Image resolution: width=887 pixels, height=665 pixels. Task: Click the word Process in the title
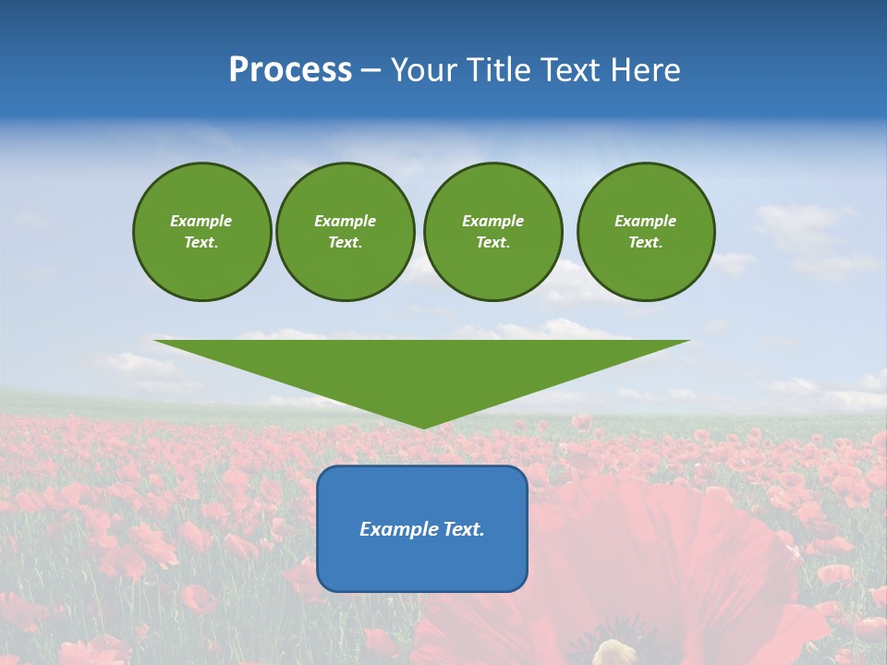tap(290, 70)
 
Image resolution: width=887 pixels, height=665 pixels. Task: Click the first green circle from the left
tap(201, 232)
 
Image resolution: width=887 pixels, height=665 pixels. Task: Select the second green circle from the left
tap(345, 232)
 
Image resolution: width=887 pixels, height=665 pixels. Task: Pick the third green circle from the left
tap(492, 232)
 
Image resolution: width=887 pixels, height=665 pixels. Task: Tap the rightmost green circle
tap(646, 232)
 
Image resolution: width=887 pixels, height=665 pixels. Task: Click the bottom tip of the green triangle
tap(423, 426)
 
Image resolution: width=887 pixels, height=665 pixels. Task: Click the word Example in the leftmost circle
tap(201, 221)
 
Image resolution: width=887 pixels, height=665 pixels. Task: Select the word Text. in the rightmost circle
tap(646, 243)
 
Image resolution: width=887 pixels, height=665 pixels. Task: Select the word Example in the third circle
tap(492, 221)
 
